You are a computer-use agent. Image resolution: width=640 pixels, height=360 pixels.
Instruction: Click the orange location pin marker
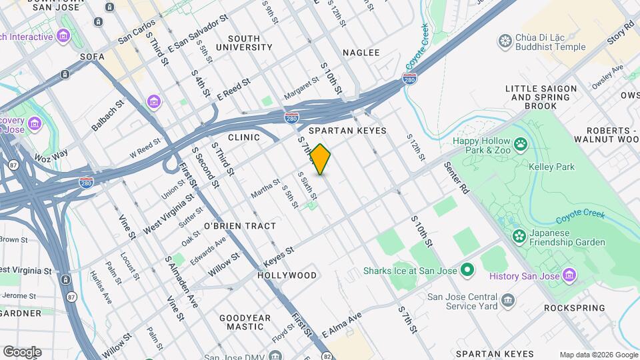(x=321, y=159)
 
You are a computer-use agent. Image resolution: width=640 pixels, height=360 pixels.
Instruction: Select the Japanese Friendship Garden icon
(x=519, y=236)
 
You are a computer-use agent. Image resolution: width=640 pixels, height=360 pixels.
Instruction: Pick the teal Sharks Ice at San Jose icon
(x=467, y=271)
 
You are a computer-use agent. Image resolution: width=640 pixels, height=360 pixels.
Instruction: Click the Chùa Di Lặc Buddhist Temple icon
(x=505, y=42)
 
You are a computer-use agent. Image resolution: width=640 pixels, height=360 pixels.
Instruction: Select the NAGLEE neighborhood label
(x=361, y=53)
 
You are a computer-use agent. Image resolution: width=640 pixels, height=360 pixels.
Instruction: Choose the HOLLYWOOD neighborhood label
(x=287, y=275)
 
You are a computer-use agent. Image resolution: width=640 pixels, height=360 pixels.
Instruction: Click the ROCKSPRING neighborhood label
(x=574, y=308)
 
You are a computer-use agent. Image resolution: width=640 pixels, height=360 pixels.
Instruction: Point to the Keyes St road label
(x=279, y=255)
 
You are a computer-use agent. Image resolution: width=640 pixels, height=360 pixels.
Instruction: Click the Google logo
(x=22, y=352)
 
